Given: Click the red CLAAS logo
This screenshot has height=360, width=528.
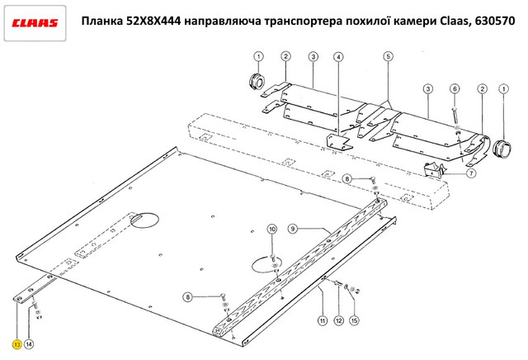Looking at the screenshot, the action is [x=35, y=23].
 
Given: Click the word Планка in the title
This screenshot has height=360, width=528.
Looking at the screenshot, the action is [x=102, y=21].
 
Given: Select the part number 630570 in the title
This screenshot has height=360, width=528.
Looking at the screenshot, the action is [x=495, y=21].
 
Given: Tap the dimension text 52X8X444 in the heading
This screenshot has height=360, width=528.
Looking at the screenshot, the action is [x=154, y=21].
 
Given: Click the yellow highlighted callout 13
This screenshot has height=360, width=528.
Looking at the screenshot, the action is [x=16, y=344].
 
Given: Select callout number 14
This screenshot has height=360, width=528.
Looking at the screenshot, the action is [x=30, y=344].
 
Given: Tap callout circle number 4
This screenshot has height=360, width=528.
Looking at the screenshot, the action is [x=338, y=57].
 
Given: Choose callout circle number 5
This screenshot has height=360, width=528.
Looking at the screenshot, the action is [x=389, y=56].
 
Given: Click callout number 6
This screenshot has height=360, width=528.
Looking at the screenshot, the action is [x=455, y=88].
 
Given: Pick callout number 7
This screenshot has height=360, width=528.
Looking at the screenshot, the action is [x=471, y=173].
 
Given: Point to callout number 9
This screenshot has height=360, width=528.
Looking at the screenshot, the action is [x=293, y=229].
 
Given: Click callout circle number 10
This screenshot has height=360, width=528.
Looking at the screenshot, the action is [x=272, y=230].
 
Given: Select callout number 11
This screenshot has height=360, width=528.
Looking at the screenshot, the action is [x=323, y=320].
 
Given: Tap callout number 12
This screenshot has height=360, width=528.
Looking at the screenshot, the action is [x=338, y=320].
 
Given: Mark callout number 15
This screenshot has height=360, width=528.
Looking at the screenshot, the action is [x=354, y=320].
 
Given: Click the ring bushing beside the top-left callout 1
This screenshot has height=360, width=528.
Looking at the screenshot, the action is [x=257, y=81].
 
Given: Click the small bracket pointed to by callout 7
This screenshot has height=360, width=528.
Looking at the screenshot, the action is [x=433, y=169].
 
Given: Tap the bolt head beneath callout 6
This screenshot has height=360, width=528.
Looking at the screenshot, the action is [x=455, y=109].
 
